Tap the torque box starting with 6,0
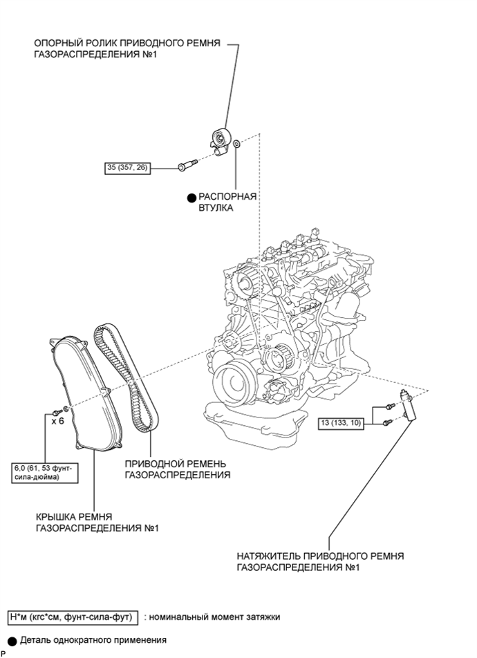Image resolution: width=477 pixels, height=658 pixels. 44,473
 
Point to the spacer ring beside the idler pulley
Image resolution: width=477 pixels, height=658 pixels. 236,144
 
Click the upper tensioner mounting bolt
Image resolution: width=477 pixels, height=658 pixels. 390,406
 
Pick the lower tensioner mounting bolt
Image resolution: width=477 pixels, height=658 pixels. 387,422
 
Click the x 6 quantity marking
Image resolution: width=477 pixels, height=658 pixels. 57,421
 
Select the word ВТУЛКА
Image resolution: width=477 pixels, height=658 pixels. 216,208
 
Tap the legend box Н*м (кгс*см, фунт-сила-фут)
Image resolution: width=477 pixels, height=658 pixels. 73,617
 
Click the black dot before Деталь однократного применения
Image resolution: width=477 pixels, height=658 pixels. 12,641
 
